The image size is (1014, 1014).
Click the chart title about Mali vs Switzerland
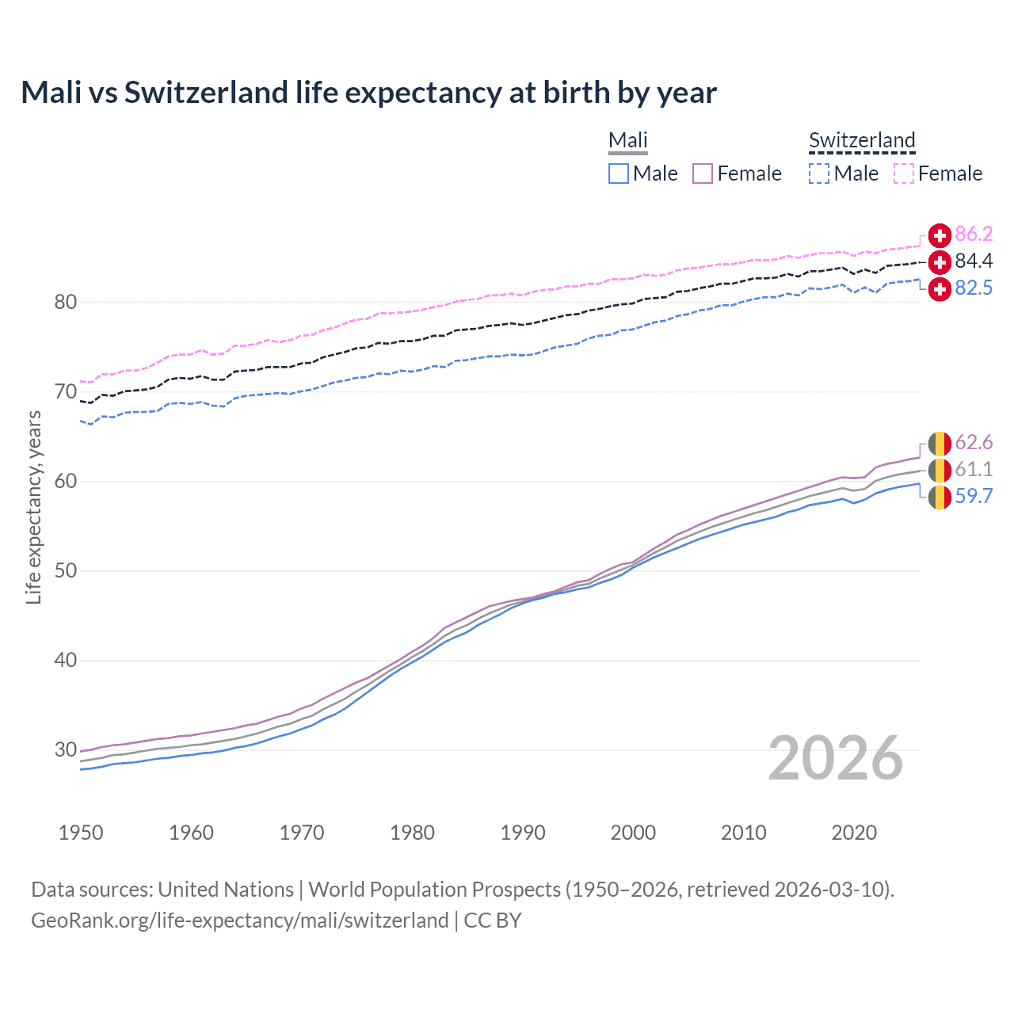click(x=368, y=93)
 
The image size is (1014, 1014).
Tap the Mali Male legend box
click(x=619, y=173)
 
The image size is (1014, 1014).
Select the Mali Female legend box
click(x=703, y=173)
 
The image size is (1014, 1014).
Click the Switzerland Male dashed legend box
click(x=819, y=173)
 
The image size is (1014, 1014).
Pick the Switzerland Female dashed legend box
click(x=904, y=173)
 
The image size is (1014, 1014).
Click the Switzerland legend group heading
click(x=862, y=140)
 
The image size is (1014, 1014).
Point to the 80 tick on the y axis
click(x=66, y=302)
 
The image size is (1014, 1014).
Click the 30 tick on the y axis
click(x=66, y=749)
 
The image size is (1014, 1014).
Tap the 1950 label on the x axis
click(x=81, y=833)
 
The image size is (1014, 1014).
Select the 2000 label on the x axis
click(x=633, y=833)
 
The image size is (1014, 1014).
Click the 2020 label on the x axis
click(x=854, y=833)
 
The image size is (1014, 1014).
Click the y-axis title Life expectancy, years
click(x=33, y=507)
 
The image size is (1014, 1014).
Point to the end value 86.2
click(x=974, y=234)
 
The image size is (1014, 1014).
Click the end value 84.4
click(x=974, y=261)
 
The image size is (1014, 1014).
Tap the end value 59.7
click(x=974, y=497)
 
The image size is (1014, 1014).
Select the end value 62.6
click(x=974, y=442)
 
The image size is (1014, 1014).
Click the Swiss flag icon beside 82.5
click(x=940, y=289)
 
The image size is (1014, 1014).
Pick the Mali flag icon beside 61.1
click(x=940, y=470)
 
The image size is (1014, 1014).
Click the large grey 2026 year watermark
click(x=836, y=758)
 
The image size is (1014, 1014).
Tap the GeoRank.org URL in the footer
click(x=240, y=921)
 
